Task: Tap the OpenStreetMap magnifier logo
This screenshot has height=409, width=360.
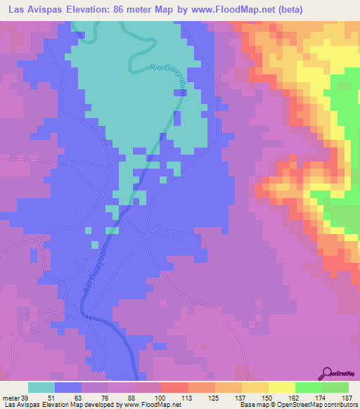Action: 328,373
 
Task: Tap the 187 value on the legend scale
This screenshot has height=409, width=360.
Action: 347,397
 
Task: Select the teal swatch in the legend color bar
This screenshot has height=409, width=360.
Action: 41,387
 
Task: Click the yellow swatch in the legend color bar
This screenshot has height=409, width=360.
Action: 282,387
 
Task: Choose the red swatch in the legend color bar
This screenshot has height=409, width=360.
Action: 175,387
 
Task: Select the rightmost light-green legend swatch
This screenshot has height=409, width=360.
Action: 335,387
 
